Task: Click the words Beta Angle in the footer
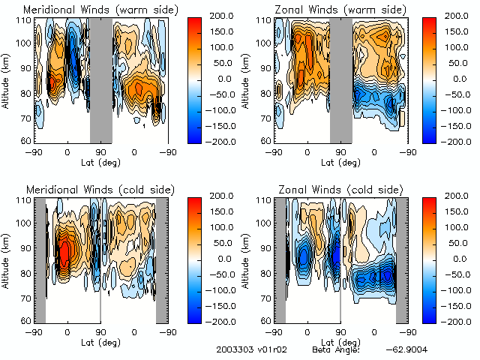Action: (x=336, y=350)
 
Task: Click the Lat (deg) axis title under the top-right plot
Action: (x=340, y=161)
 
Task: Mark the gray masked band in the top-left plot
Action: (x=100, y=80)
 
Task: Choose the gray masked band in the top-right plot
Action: (x=340, y=80)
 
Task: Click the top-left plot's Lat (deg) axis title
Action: (x=100, y=161)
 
